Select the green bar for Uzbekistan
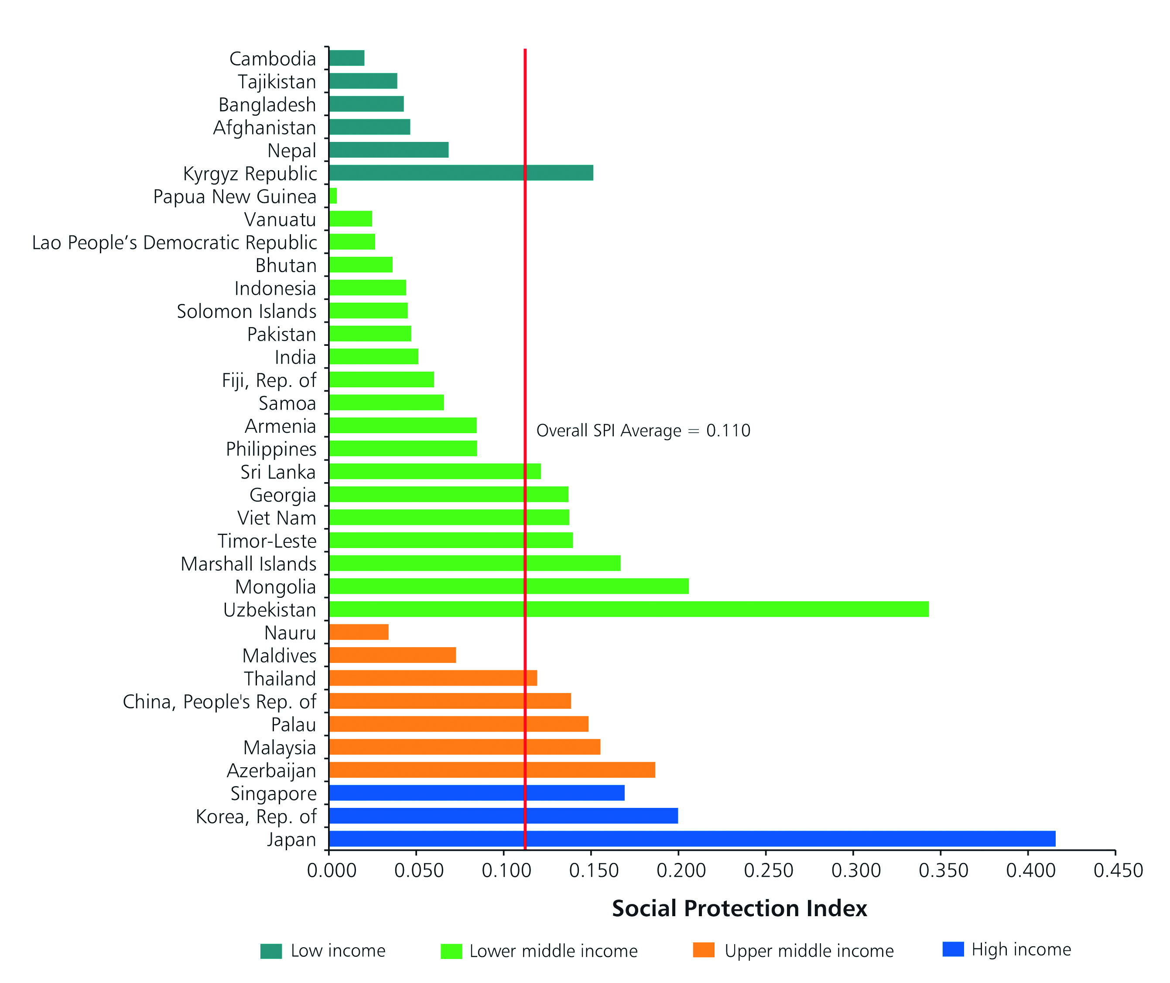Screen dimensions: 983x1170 629,609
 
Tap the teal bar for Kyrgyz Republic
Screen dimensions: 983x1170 461,173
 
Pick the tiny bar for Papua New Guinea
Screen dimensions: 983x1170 333,196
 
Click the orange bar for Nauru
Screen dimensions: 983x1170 358,632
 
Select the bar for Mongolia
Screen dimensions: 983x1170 508,586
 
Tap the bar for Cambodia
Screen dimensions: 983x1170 346,58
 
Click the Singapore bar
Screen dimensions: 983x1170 476,792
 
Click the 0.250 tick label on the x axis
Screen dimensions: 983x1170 768,871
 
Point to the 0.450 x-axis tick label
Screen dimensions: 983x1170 1118,871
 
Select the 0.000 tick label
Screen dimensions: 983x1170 332,871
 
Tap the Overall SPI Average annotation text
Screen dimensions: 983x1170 643,431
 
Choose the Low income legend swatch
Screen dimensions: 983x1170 271,951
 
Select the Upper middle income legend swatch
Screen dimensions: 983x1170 704,950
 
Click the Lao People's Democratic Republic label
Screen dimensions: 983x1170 174,242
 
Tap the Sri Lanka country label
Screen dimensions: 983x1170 278,472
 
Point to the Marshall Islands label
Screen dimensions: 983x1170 249,564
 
